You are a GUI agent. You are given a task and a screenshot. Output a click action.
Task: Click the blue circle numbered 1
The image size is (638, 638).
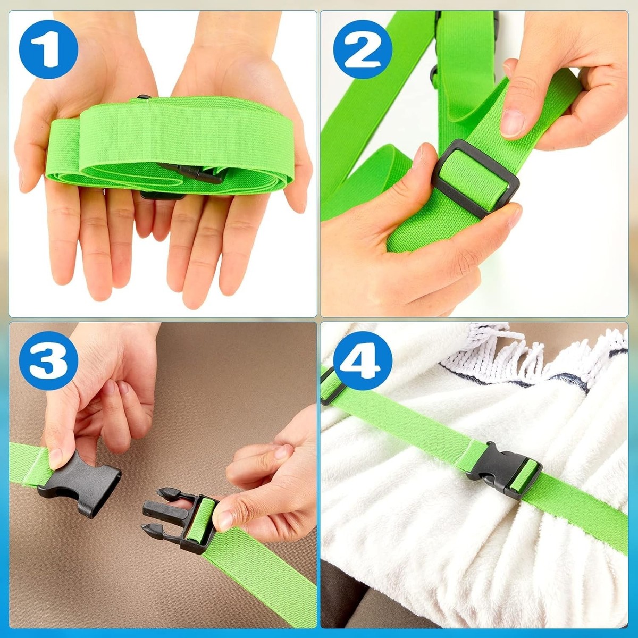pos(49,49)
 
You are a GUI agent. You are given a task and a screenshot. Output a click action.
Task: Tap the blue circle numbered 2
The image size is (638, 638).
pos(363,49)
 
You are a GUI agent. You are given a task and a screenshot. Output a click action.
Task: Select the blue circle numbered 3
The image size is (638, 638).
pos(49,360)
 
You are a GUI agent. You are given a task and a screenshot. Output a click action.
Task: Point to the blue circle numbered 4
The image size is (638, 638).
pos(363,360)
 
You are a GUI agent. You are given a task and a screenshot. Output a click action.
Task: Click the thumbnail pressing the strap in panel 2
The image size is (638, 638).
pos(513,123)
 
